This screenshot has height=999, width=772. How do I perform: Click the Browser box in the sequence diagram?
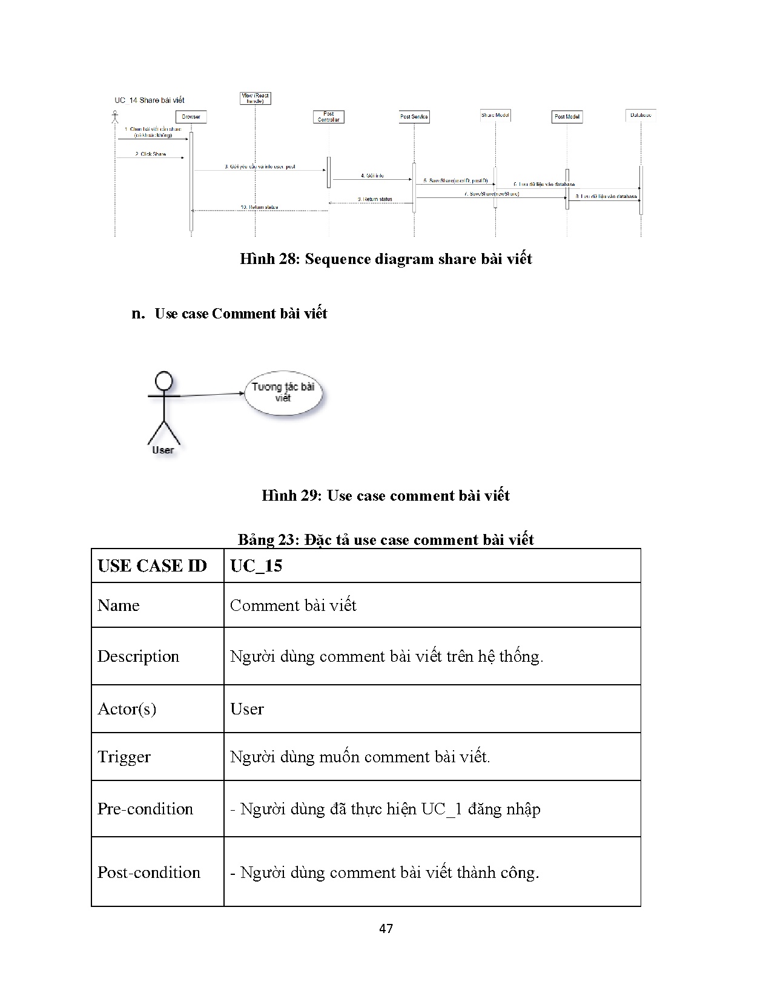(191, 117)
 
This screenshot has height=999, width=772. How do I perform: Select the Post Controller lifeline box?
(329, 117)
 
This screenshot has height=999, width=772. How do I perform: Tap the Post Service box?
(414, 117)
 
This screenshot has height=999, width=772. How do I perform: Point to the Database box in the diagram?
(641, 114)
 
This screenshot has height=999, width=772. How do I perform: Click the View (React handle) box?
(255, 98)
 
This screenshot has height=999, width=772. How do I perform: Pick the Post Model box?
(567, 117)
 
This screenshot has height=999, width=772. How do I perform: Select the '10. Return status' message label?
(259, 207)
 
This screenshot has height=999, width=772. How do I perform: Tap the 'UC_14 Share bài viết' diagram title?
(150, 101)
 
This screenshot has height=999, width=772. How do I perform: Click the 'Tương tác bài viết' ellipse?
(283, 393)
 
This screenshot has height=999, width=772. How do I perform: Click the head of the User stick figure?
(163, 381)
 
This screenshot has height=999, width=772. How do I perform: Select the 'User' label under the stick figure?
(163, 450)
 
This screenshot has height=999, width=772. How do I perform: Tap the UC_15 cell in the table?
(256, 566)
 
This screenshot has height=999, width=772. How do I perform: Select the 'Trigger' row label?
(124, 757)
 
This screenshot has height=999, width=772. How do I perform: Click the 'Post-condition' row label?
(149, 872)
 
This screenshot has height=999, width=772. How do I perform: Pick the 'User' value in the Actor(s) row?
(247, 709)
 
